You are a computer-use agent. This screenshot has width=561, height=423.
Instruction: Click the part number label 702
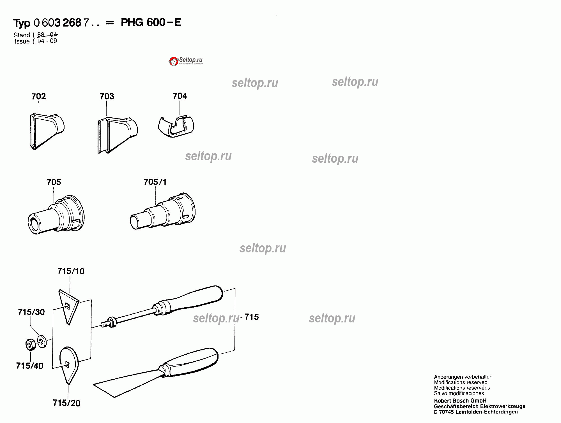click(39, 96)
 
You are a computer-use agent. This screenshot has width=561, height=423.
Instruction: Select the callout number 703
click(107, 96)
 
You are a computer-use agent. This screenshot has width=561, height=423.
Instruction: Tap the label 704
click(180, 96)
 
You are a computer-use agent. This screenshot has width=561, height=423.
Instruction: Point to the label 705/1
click(155, 182)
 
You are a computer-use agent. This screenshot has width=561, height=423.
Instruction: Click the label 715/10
click(71, 271)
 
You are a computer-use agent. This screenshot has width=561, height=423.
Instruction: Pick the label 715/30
click(31, 312)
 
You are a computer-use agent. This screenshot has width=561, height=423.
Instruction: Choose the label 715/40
click(30, 366)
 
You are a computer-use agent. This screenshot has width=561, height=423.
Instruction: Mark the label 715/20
click(67, 403)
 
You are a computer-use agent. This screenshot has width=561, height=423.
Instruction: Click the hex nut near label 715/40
click(30, 345)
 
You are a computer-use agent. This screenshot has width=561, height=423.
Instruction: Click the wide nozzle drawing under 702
click(47, 131)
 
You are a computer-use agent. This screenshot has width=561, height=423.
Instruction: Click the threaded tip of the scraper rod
click(105, 324)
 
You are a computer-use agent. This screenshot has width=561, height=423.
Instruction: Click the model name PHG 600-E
click(151, 22)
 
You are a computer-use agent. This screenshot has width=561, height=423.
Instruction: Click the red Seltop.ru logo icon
click(173, 61)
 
